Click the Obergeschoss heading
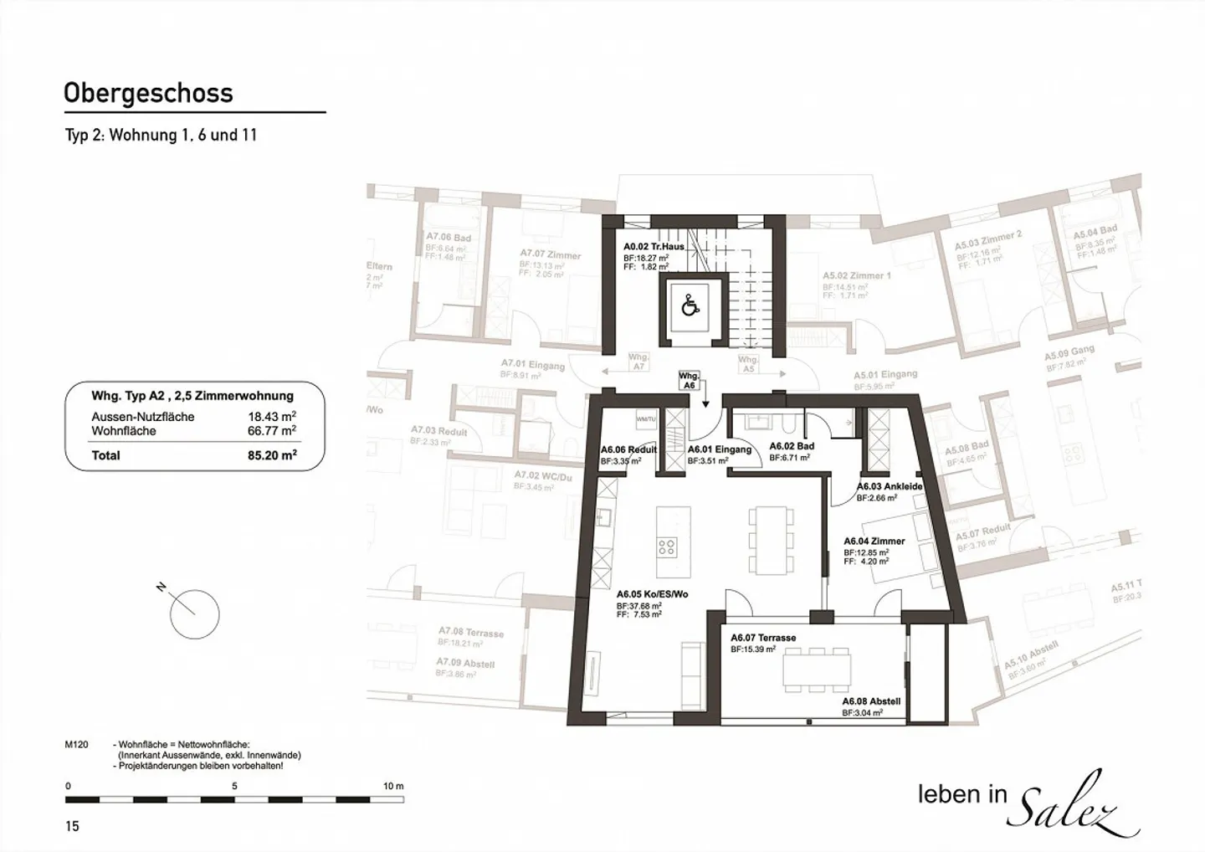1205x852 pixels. (148, 93)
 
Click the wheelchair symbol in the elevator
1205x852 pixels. (690, 306)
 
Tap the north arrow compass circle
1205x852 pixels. (194, 614)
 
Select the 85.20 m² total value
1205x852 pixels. (267, 456)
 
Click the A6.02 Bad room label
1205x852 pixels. (792, 446)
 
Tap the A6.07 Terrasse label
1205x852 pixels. (763, 638)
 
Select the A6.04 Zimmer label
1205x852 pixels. (874, 541)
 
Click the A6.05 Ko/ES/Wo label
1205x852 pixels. (652, 593)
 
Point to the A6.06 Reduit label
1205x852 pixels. (628, 449)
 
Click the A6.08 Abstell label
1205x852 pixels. (871, 701)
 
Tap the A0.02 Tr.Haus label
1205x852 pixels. (654, 247)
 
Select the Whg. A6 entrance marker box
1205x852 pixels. (689, 381)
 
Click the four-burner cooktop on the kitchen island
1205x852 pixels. (666, 547)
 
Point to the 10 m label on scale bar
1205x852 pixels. (392, 786)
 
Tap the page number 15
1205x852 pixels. (72, 826)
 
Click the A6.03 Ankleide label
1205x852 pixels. (890, 486)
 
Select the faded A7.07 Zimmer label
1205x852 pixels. (550, 254)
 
